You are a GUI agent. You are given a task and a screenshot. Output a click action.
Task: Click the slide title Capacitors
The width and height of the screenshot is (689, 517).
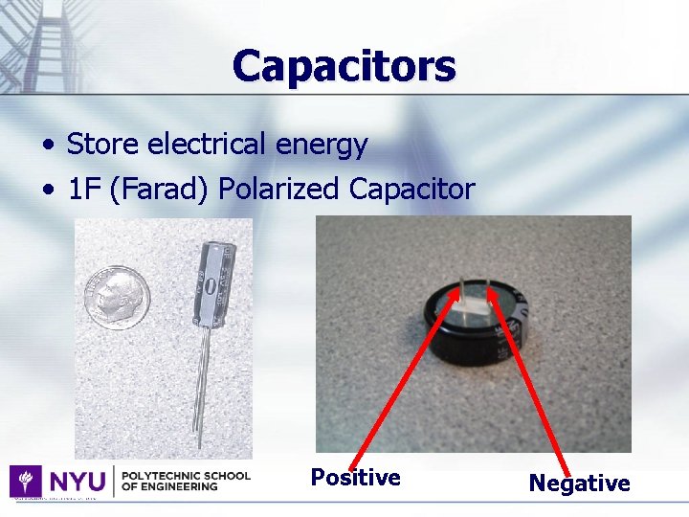[x=344, y=66]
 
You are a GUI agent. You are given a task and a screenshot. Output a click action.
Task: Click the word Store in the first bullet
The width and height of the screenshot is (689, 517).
[x=100, y=145]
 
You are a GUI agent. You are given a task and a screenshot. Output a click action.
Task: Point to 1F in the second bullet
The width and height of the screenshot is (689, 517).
[x=84, y=190]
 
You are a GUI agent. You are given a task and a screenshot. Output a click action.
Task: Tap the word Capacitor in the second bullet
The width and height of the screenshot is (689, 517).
[x=411, y=190]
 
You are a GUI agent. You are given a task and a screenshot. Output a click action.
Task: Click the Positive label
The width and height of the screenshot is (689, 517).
[x=355, y=477]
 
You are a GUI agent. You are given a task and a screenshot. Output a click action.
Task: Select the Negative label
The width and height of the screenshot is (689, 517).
[x=579, y=483]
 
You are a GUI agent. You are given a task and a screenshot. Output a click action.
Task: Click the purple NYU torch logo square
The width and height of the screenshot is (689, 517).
[x=25, y=481]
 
